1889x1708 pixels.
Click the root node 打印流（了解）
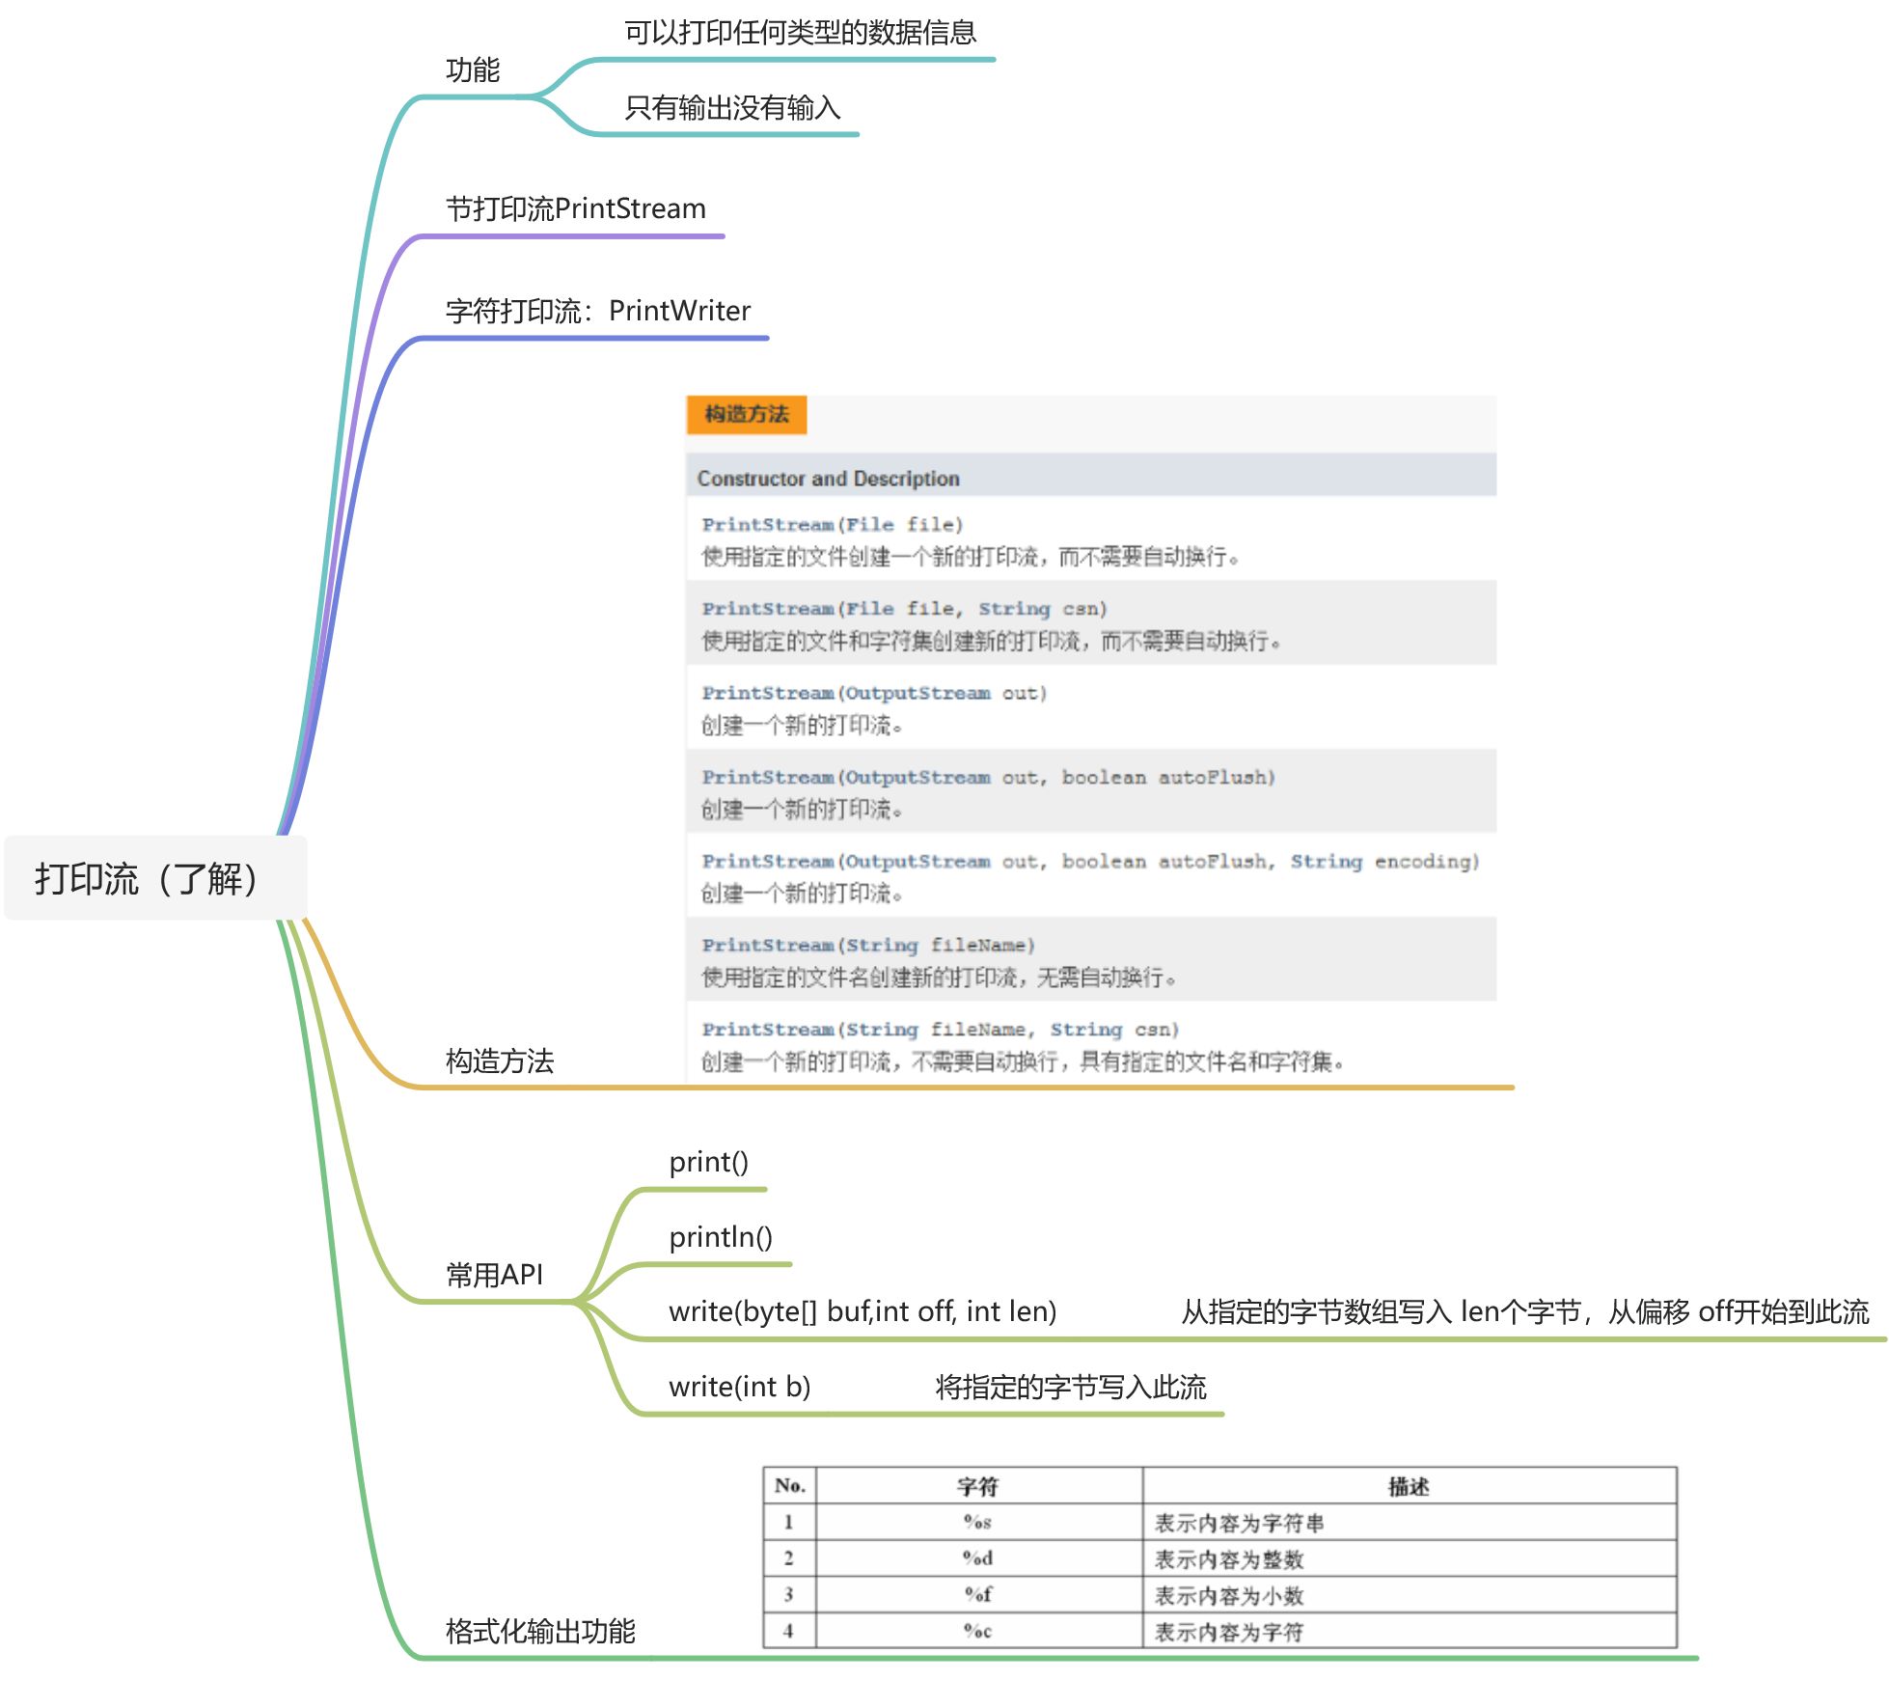tap(147, 878)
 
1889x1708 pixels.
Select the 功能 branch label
tap(473, 70)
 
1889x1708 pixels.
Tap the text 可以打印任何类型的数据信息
tap(800, 33)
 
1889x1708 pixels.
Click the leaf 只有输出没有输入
tap(732, 108)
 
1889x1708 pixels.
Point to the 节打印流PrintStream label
tap(575, 208)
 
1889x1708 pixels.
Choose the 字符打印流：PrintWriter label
tap(597, 311)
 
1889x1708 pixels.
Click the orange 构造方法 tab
tap(746, 415)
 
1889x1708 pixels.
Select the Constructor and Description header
tap(828, 479)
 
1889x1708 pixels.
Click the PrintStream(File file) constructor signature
tap(832, 525)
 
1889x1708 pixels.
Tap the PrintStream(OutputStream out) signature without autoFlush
tap(873, 693)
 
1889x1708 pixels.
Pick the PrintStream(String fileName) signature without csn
tap(867, 945)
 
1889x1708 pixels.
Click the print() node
tap(708, 1162)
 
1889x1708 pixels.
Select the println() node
tap(721, 1237)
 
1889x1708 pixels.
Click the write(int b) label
tap(739, 1387)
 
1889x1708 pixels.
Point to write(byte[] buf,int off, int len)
tap(862, 1311)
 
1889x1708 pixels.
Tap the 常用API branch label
tap(494, 1275)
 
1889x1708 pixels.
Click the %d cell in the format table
tap(977, 1557)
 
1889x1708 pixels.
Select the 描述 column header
tap(1408, 1486)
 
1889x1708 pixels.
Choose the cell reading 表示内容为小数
tap(1229, 1595)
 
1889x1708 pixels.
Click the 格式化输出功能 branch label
tap(540, 1631)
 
